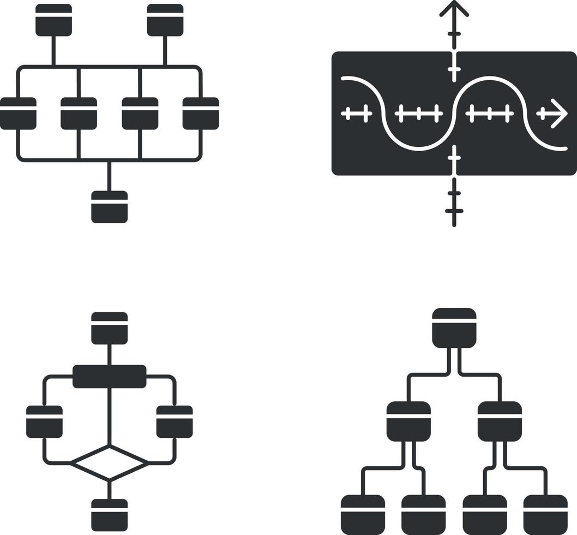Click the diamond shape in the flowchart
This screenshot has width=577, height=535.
pos(110,463)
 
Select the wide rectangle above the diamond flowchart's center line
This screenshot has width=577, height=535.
pos(110,376)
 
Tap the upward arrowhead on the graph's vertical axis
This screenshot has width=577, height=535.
pos(454,8)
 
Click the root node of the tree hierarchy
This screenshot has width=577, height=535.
pos(454,328)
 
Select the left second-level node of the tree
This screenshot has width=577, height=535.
pos(408,421)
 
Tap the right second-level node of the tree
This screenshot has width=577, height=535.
pos(500,421)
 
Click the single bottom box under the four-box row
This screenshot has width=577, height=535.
pos(110,206)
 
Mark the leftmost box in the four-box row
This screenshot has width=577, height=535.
pos(18,114)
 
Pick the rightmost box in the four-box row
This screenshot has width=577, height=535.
pos(201,114)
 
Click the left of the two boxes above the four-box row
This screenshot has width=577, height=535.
pos(53,20)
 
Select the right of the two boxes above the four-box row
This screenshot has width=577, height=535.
pos(165,20)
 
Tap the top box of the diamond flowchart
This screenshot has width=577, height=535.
pos(110,328)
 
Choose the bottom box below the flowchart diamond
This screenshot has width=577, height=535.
pos(110,514)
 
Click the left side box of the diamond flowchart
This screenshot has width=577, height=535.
pos(44,421)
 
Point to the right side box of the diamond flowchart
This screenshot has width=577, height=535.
pos(175,421)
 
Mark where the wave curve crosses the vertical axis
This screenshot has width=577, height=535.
pos(454,113)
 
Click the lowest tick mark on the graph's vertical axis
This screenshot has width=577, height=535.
pos(454,211)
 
